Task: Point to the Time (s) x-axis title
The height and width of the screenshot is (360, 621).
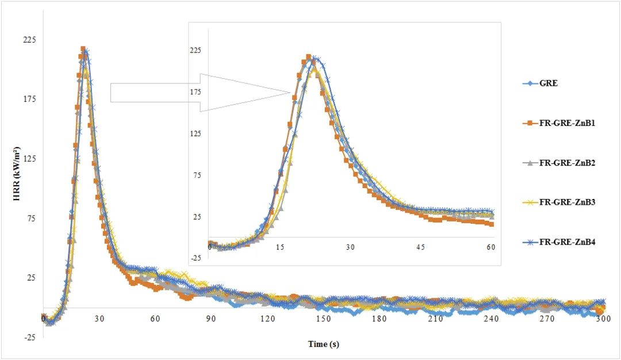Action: [x=326, y=344]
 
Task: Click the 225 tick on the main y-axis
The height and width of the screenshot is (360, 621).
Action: [x=29, y=40]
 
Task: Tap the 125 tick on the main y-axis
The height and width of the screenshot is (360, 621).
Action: [x=29, y=159]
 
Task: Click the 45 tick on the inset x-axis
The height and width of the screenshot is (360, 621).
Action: [x=420, y=247]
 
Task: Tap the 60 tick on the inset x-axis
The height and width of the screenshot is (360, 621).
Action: [x=490, y=247]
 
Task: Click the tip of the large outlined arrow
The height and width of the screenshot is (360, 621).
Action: [x=291, y=92]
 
